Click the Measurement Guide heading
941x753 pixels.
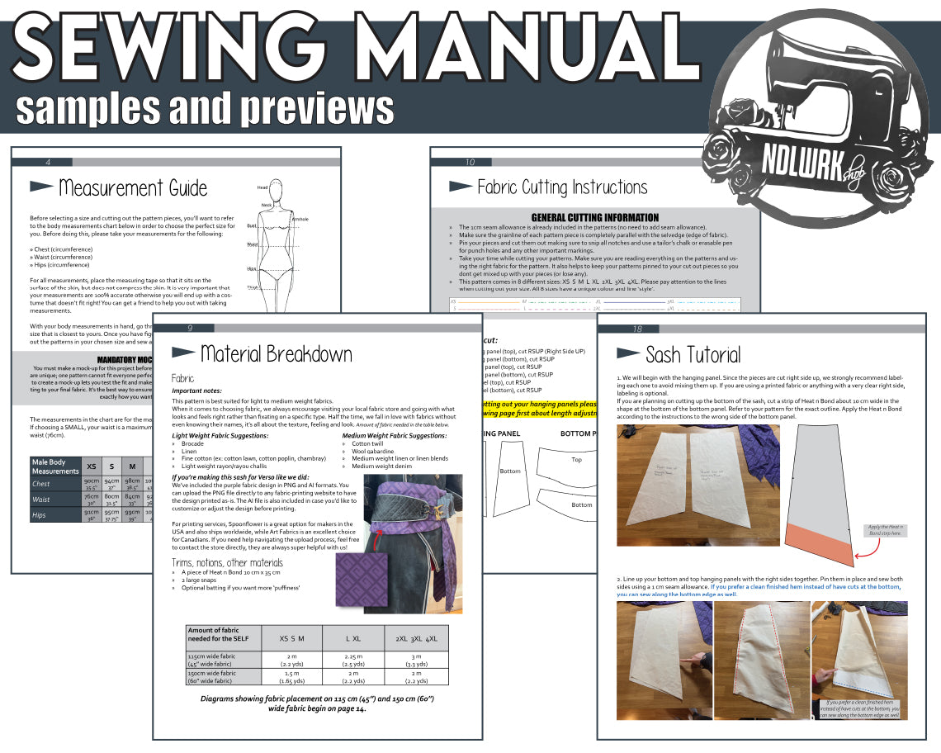tap(133, 187)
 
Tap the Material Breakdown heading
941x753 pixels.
tap(276, 354)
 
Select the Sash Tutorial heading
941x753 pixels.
tap(693, 355)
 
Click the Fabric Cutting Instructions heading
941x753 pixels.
tap(562, 187)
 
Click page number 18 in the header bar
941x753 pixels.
tap(637, 329)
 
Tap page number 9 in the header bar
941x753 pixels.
tap(189, 328)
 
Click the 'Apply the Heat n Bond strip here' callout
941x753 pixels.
tap(886, 530)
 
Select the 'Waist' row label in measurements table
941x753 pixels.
tap(41, 500)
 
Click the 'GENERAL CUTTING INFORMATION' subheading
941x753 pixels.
tap(594, 217)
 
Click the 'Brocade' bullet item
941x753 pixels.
tap(193, 444)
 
